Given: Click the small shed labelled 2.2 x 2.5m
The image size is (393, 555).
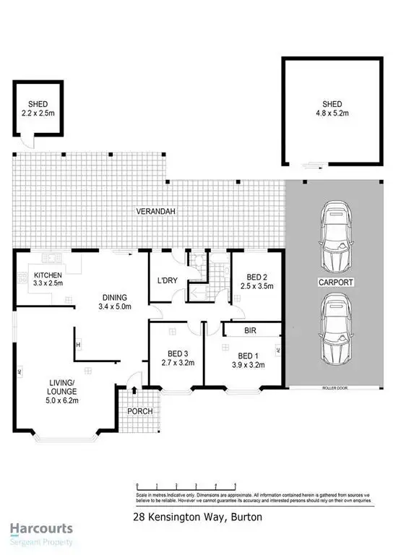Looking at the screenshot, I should [x=38, y=108].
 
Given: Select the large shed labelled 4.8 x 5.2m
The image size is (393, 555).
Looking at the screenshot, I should [x=329, y=108].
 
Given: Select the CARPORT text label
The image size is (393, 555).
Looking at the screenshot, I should [x=336, y=283].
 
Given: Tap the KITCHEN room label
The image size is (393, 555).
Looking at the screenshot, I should [x=47, y=280].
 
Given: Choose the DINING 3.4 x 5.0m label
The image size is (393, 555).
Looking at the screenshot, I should [x=114, y=301].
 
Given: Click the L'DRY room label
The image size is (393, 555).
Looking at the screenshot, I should [x=167, y=280].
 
